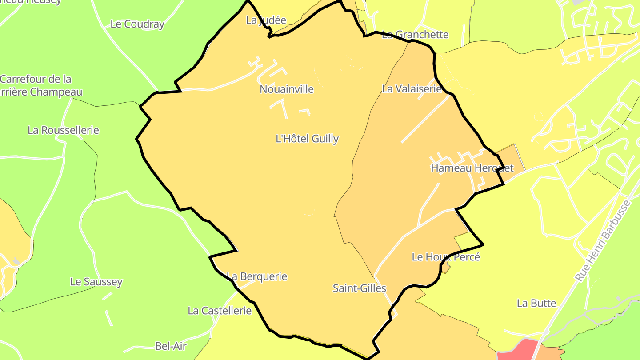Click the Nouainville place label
[x=287, y=89]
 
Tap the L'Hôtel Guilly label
[x=307, y=139]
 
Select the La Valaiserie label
[x=412, y=89]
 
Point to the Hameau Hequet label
[x=472, y=168]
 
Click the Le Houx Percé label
[x=446, y=257]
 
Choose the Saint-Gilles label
[x=360, y=288]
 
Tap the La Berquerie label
[x=257, y=276]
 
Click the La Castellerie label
[x=220, y=311]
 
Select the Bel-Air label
[x=171, y=346]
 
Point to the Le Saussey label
[x=96, y=282]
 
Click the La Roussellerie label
[x=63, y=130]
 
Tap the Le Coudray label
[x=137, y=24]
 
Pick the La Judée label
[x=266, y=20]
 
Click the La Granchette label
[x=416, y=35]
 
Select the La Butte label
[x=536, y=303]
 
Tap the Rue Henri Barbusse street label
[x=603, y=240]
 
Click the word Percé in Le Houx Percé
[x=467, y=257]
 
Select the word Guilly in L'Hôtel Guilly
[x=325, y=139]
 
